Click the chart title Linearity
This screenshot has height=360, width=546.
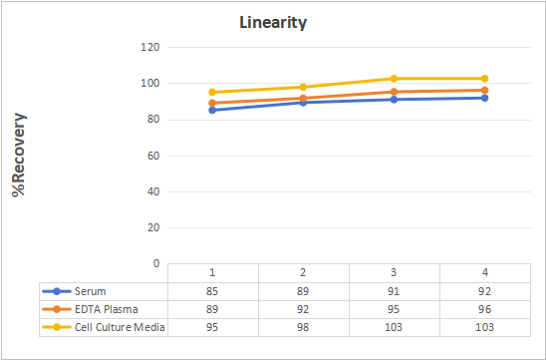pyautogui.click(x=273, y=23)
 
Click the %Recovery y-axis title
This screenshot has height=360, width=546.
pyautogui.click(x=19, y=155)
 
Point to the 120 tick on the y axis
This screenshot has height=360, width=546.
pyautogui.click(x=150, y=47)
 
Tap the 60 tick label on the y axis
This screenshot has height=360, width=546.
pyautogui.click(x=153, y=156)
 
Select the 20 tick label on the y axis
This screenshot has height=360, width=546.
pyautogui.click(x=153, y=227)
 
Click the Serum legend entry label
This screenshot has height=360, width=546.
pyautogui.click(x=91, y=291)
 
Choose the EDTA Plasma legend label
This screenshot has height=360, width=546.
pyautogui.click(x=107, y=309)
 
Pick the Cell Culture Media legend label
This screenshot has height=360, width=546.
pyautogui.click(x=120, y=327)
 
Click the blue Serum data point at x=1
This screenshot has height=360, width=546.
pyautogui.click(x=212, y=110)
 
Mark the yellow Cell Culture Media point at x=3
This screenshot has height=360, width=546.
pyautogui.click(x=394, y=79)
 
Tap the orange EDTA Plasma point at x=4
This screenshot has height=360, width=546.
pyautogui.click(x=484, y=91)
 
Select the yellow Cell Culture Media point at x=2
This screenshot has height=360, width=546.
pyautogui.click(x=303, y=87)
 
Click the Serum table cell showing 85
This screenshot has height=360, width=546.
pyautogui.click(x=212, y=291)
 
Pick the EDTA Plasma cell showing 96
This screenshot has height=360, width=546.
pyautogui.click(x=484, y=309)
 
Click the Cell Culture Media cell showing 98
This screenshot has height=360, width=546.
pyautogui.click(x=303, y=327)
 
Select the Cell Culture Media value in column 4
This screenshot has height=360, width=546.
pyautogui.click(x=484, y=327)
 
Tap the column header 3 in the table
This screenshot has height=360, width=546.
pyautogui.click(x=394, y=272)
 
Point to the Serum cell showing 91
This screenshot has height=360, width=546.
pyautogui.click(x=394, y=291)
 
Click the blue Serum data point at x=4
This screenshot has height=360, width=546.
pyautogui.click(x=484, y=98)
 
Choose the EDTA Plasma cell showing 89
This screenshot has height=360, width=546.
pyautogui.click(x=212, y=309)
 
